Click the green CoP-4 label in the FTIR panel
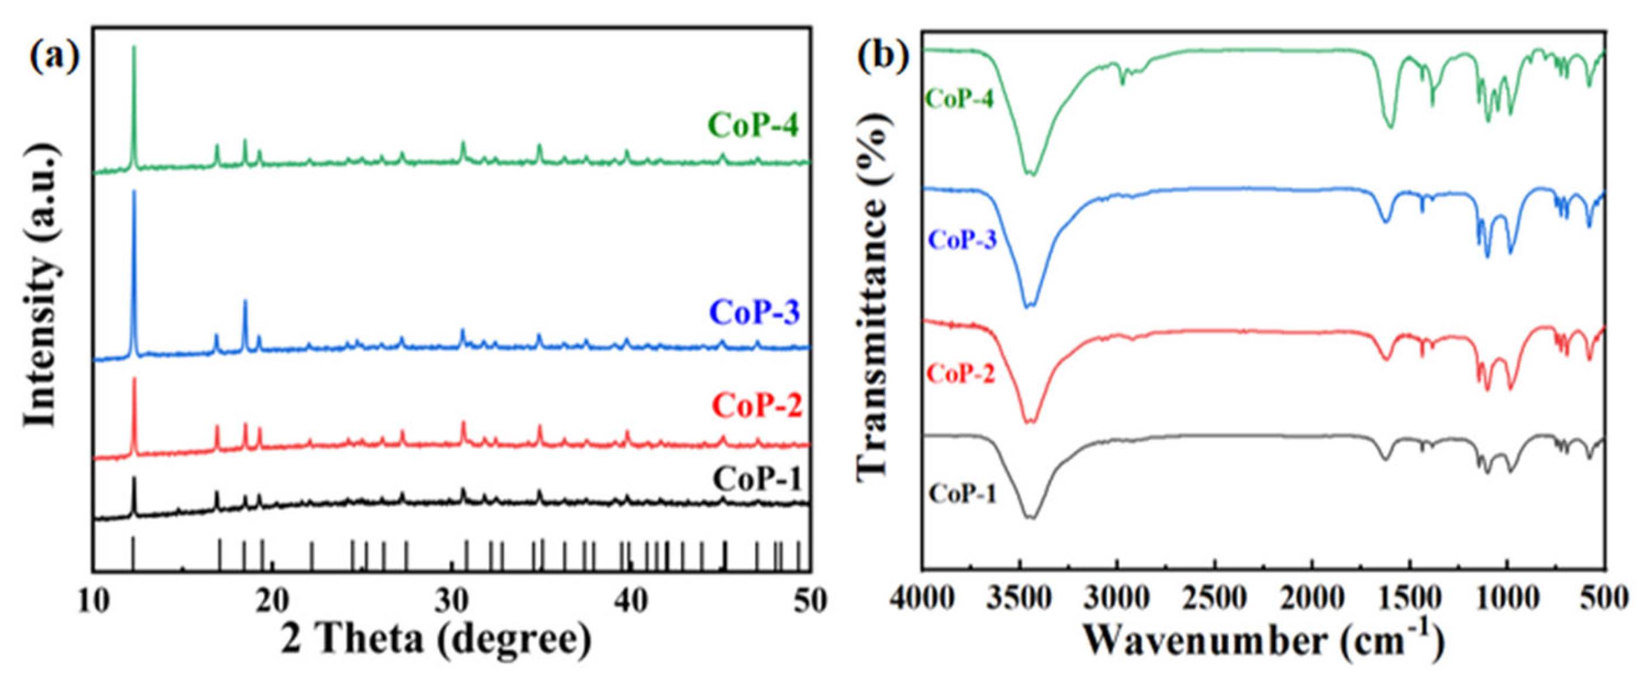(x=959, y=99)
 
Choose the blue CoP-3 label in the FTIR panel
(x=962, y=241)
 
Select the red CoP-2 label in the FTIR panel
(x=961, y=374)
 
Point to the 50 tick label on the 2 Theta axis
(x=809, y=602)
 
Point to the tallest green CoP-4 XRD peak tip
(x=134, y=47)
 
